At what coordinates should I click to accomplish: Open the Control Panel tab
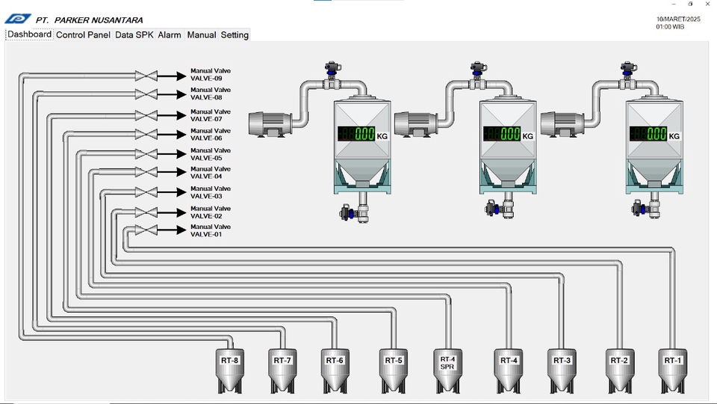[x=83, y=35]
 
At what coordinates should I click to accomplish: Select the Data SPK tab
[x=134, y=35]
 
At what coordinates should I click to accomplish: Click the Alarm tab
[x=170, y=35]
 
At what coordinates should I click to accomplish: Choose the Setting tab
[x=234, y=35]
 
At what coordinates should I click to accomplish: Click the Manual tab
[x=201, y=35]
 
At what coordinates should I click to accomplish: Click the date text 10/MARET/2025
[x=678, y=19]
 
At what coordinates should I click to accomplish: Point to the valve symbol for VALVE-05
[x=146, y=154]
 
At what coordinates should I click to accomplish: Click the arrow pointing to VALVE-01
[x=172, y=230]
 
